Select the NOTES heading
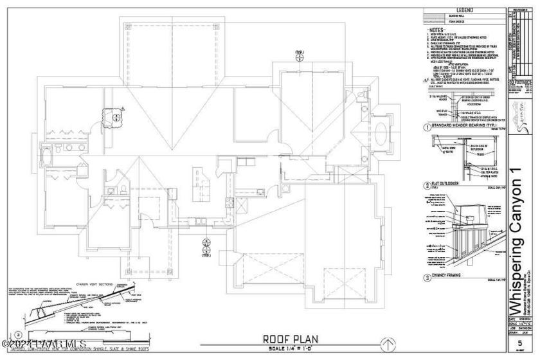coord(438,30)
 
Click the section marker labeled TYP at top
coord(300,55)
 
